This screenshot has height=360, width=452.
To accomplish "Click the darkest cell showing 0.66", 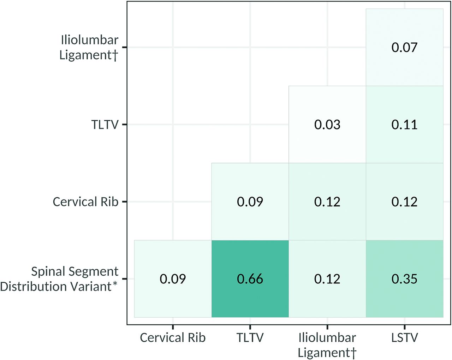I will (x=250, y=279).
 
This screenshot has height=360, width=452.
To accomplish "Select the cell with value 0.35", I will (x=404, y=279).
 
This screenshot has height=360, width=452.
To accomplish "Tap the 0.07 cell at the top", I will (x=404, y=47).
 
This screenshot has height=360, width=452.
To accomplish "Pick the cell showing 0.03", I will (x=327, y=125).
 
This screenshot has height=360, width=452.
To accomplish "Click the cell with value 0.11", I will (x=404, y=125).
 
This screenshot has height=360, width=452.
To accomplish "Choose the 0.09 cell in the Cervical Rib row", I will (x=250, y=202).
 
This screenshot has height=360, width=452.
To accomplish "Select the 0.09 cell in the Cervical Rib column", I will (x=173, y=279).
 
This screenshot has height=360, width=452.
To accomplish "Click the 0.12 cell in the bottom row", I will (x=327, y=279).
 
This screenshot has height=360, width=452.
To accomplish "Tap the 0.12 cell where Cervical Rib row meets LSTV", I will (x=404, y=202).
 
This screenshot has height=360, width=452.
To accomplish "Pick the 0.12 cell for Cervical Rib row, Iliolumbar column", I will (x=327, y=202).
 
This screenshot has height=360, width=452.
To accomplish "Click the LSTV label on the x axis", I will (x=404, y=338).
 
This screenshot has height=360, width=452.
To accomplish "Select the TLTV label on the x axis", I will (x=250, y=338).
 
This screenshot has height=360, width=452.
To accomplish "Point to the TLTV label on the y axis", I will (x=105, y=125).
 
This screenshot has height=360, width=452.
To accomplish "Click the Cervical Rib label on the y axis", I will (x=85, y=202).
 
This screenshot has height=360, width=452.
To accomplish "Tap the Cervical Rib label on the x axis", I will (x=173, y=338).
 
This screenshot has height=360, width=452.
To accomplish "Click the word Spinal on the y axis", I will (x=47, y=271).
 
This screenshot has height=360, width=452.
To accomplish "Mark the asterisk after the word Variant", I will (x=115, y=284).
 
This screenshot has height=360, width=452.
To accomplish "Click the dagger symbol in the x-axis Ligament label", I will (x=353, y=353).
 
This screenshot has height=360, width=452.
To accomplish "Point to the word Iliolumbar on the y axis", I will (x=89, y=40).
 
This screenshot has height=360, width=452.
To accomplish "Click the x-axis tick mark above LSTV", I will (x=404, y=327).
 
